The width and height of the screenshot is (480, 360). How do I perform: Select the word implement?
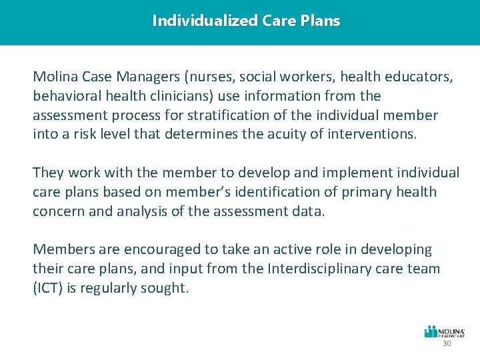(314, 173)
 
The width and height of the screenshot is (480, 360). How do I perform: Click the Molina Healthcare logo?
(445, 331)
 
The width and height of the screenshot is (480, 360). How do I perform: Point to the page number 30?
(447, 343)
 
